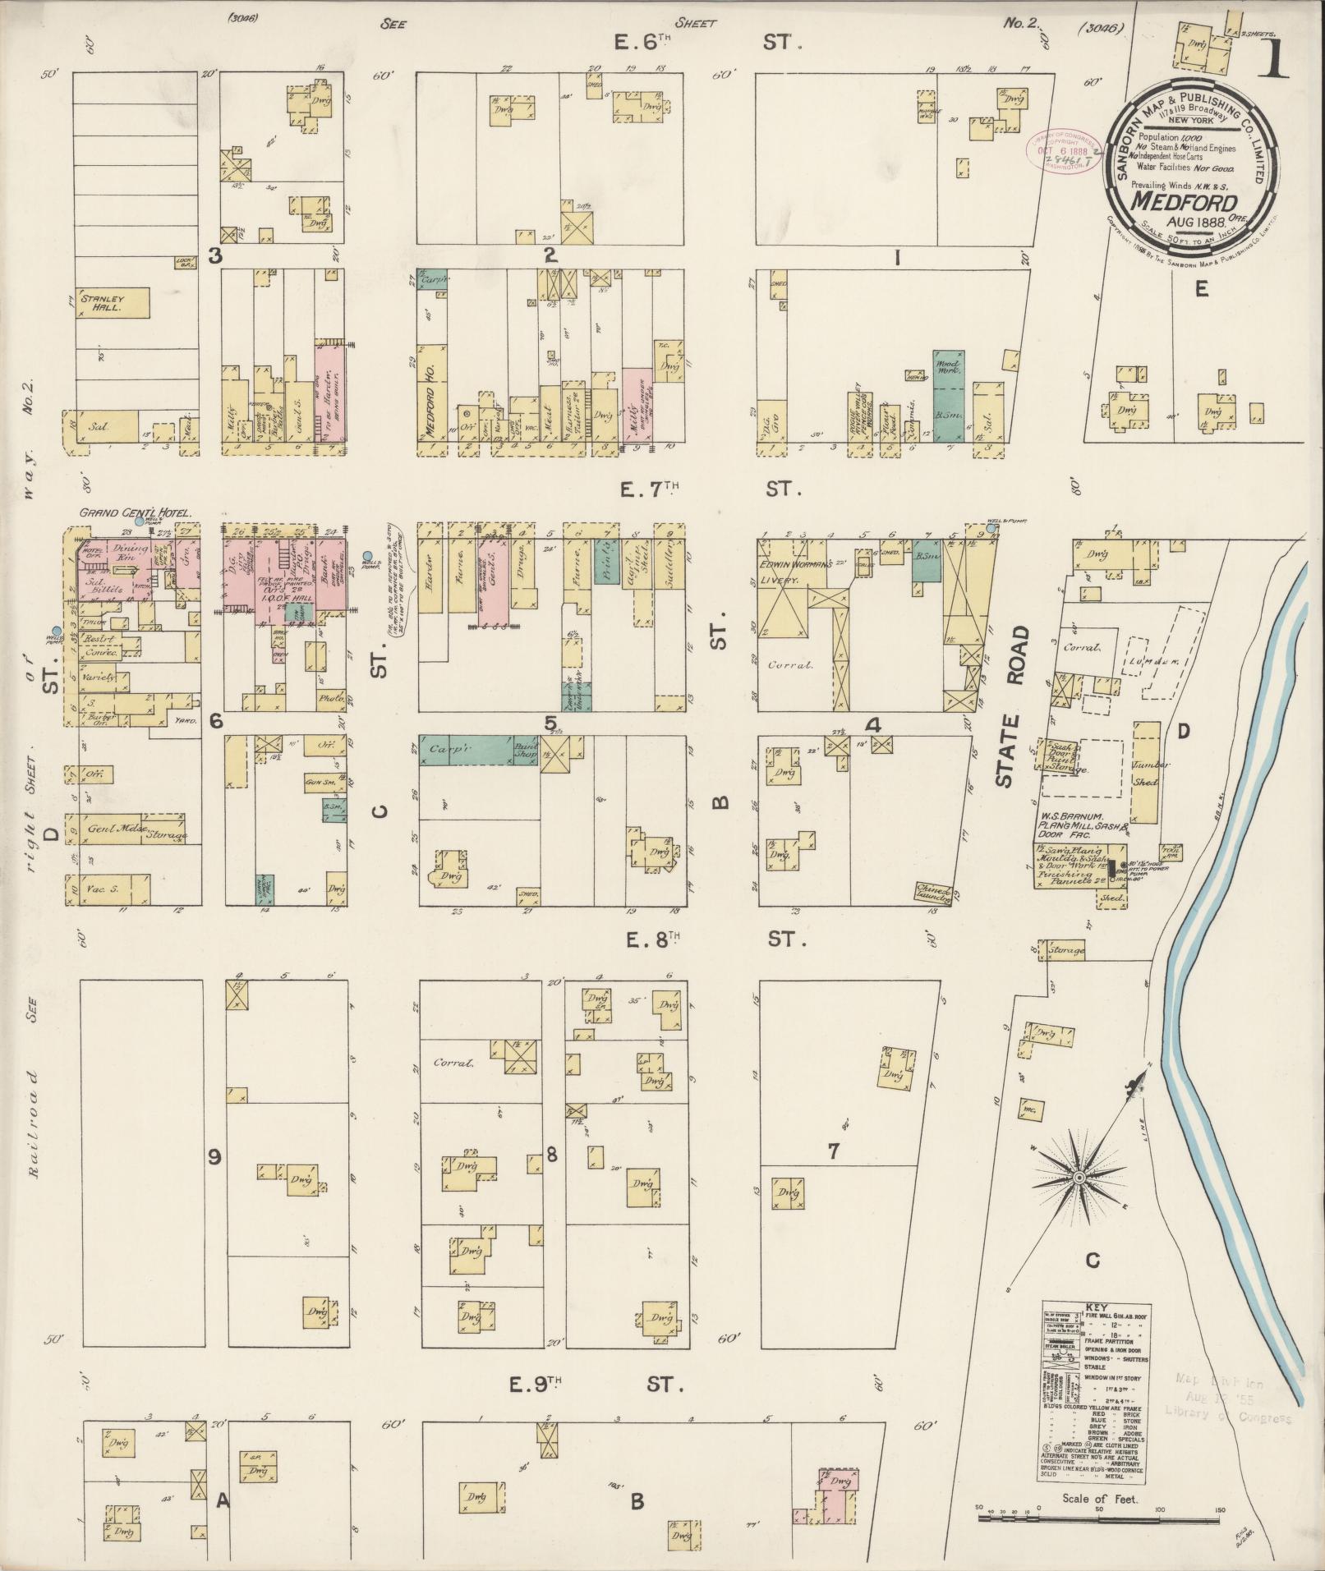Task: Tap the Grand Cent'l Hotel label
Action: coord(135,512)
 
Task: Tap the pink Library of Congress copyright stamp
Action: coord(1063,150)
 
